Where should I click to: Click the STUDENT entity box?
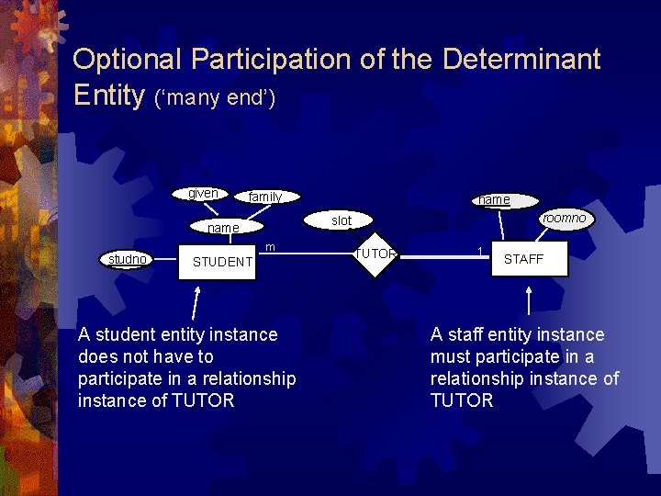(x=221, y=262)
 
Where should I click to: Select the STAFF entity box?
(x=523, y=259)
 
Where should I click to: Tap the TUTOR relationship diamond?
(x=375, y=254)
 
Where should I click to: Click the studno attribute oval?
(x=127, y=260)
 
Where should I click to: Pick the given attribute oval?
(x=203, y=193)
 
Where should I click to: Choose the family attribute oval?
(x=265, y=197)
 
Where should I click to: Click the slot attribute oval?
(x=342, y=220)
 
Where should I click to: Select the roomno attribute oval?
(x=564, y=219)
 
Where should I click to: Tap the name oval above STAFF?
(x=494, y=199)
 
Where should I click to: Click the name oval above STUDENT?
(x=223, y=228)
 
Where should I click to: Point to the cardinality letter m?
(x=270, y=247)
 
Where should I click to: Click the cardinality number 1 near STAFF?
(x=478, y=251)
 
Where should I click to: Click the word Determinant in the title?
(x=521, y=60)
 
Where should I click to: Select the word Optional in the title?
(x=129, y=60)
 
